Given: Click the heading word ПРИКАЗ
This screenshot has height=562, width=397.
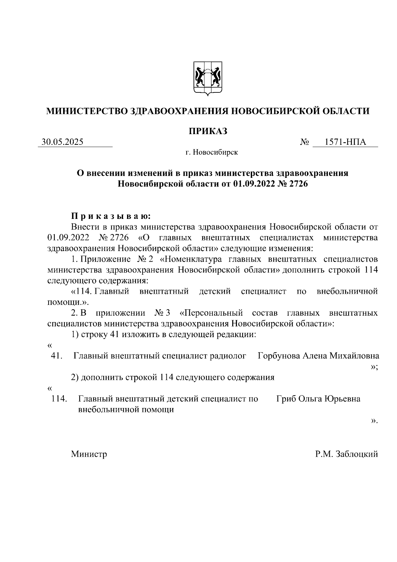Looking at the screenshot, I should [x=208, y=131].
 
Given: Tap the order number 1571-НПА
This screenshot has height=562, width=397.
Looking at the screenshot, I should [x=345, y=142].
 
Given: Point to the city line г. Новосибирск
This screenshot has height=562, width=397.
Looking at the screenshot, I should [x=211, y=152].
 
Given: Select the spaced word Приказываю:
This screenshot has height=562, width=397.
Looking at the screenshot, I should [x=111, y=217].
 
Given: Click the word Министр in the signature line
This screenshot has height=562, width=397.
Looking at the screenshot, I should [x=89, y=454].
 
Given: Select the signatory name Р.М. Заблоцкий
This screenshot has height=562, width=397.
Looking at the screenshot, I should [x=346, y=454].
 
